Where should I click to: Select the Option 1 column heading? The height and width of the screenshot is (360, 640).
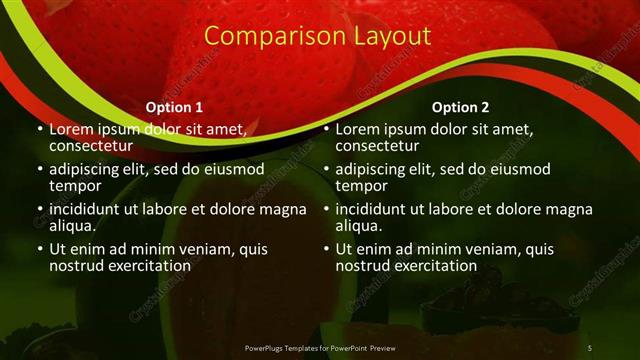pyautogui.click(x=174, y=107)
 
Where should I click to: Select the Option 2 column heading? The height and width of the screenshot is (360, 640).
pyautogui.click(x=460, y=107)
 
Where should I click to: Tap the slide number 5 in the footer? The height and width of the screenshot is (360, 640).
pyautogui.click(x=590, y=347)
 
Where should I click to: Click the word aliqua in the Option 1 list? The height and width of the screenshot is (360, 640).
pyautogui.click(x=72, y=226)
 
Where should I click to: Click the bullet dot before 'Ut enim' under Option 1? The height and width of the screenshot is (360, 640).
pyautogui.click(x=39, y=249)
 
